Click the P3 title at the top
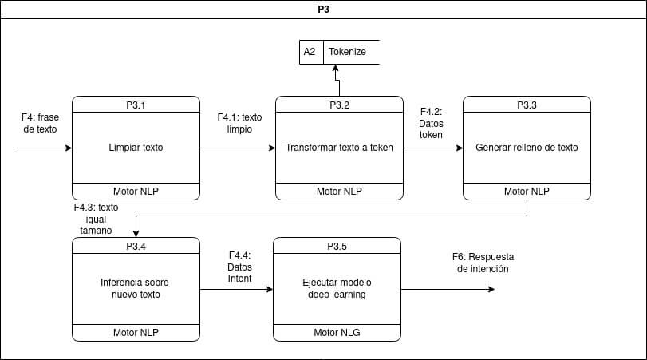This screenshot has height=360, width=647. pos(323,11)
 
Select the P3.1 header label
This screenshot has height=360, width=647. pos(136,105)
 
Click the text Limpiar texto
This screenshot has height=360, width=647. pos(136,148)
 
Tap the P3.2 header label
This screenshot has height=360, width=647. pos(339,105)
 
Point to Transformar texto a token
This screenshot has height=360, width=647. pos(339,148)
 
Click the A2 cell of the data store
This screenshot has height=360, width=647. pos(310,52)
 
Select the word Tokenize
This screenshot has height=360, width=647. pos(348,52)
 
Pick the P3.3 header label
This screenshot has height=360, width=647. pos(527,105)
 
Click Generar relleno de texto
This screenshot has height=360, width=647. pos(527,148)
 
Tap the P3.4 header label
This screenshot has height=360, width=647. pos(136,246)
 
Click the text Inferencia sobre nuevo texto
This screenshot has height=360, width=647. pos(136,288)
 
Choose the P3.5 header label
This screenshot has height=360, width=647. pos(337,246)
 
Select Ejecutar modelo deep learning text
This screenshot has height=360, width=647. pos(337,288)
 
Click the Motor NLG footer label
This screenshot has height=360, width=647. pos(337,332)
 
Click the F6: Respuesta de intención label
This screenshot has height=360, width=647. pos(483,263)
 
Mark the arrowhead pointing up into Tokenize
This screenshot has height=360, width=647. pos(335,69)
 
